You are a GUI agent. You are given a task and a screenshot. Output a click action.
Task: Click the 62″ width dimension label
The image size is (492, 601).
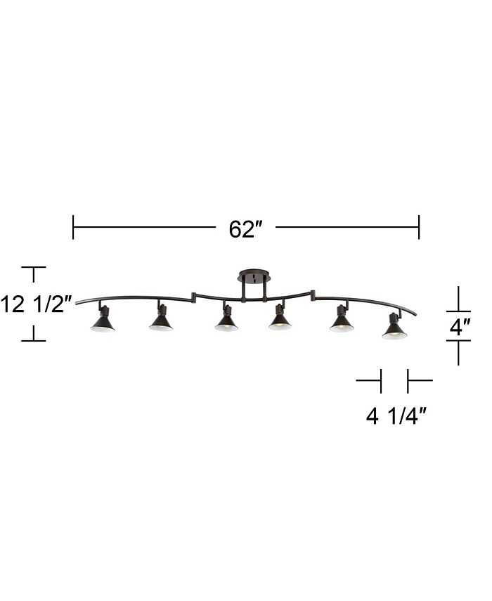click(245, 229)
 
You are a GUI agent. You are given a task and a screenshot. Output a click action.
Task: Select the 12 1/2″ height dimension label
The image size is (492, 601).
click(37, 304)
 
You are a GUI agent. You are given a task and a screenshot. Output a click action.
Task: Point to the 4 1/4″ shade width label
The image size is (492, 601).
click(396, 417)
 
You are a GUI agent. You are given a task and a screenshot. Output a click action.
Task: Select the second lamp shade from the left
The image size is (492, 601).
click(161, 322)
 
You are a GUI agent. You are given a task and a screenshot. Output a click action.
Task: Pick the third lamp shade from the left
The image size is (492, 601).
click(226, 322)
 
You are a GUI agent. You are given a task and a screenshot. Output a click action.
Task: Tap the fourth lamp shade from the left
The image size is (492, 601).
click(280, 322)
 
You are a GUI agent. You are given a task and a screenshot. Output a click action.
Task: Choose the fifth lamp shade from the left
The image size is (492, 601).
click(342, 323)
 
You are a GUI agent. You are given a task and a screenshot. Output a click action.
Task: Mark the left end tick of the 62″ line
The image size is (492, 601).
click(73, 227)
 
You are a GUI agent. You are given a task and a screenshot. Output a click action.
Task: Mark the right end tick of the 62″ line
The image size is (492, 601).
click(419, 227)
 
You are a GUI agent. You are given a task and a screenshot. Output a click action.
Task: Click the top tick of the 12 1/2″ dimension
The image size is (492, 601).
click(33, 268)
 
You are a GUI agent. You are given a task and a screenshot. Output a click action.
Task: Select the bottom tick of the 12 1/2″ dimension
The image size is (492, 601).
click(33, 341)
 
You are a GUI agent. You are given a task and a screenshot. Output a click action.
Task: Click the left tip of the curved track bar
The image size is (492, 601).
click(77, 303)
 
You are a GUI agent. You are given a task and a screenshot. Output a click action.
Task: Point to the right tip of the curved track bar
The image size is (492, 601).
click(415, 314)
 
